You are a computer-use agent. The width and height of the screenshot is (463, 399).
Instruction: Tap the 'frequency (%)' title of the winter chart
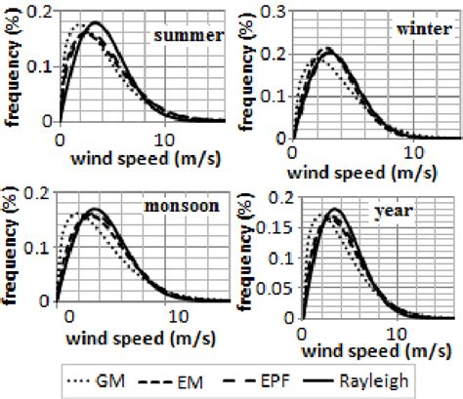248,70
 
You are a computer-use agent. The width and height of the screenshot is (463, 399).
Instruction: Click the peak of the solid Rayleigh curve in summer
95,22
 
